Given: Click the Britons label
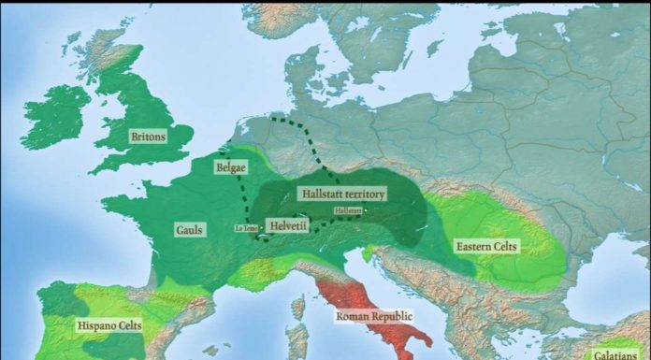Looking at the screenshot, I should (148, 137).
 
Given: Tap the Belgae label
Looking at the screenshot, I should (231, 167).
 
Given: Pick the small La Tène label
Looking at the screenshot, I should (245, 227).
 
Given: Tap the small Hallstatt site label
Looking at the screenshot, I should (347, 211).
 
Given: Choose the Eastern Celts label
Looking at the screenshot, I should (487, 247).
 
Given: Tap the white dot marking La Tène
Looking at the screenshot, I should (259, 228).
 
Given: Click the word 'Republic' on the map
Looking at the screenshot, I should (391, 317).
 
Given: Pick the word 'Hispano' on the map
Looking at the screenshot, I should (94, 326).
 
